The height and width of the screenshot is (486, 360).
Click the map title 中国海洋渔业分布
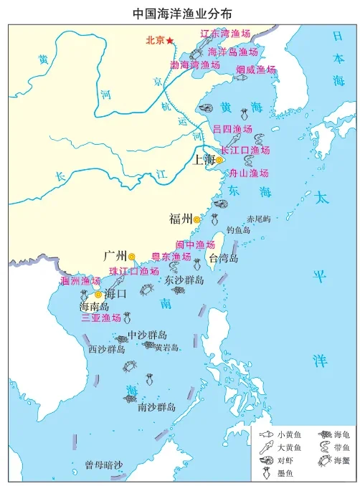[180, 12]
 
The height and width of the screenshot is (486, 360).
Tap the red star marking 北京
[170, 41]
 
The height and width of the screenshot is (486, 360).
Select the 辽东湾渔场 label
[224, 33]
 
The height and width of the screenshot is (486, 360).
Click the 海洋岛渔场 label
[233, 52]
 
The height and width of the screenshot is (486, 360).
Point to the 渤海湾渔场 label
[194, 65]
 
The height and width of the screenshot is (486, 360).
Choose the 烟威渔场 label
[256, 70]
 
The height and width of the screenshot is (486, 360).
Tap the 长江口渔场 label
[245, 151]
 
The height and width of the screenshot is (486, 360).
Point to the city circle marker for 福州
[196, 219]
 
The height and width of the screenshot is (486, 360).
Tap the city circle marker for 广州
[132, 256]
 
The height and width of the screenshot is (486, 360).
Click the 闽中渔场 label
[196, 244]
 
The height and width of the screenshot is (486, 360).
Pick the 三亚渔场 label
[100, 318]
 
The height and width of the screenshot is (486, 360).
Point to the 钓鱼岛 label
[238, 230]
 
